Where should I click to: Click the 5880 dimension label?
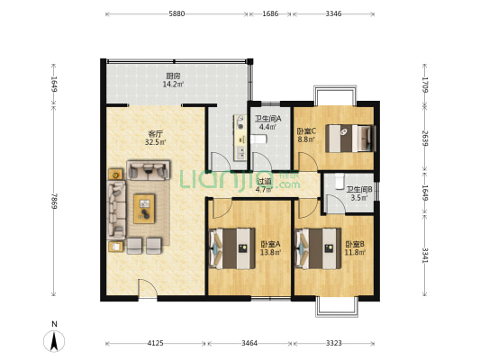pos(177,13)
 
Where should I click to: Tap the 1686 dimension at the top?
pos(270,13)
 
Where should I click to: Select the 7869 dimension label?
pos(54,201)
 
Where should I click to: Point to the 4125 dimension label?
pos(156,343)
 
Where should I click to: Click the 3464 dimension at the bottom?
pos(249,343)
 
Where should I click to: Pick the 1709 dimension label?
pos(425,85)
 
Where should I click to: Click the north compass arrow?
pos(54,342)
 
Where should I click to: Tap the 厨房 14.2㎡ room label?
pos(173,79)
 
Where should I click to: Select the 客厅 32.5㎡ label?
pos(156,138)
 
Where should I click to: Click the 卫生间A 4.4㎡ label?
pos(268,122)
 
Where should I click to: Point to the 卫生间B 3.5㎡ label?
pos(359,193)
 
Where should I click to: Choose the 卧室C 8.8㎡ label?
pos(306,135)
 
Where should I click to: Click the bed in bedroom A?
pos(231,248)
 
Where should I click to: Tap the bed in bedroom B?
pos(318,248)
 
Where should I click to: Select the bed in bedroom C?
pos(350,139)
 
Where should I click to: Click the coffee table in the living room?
pos(144,209)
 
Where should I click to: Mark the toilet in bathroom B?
pos(340,182)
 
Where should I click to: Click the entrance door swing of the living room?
pos(148,287)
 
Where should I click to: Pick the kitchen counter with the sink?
pos(240,138)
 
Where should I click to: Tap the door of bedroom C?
pos(308,161)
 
